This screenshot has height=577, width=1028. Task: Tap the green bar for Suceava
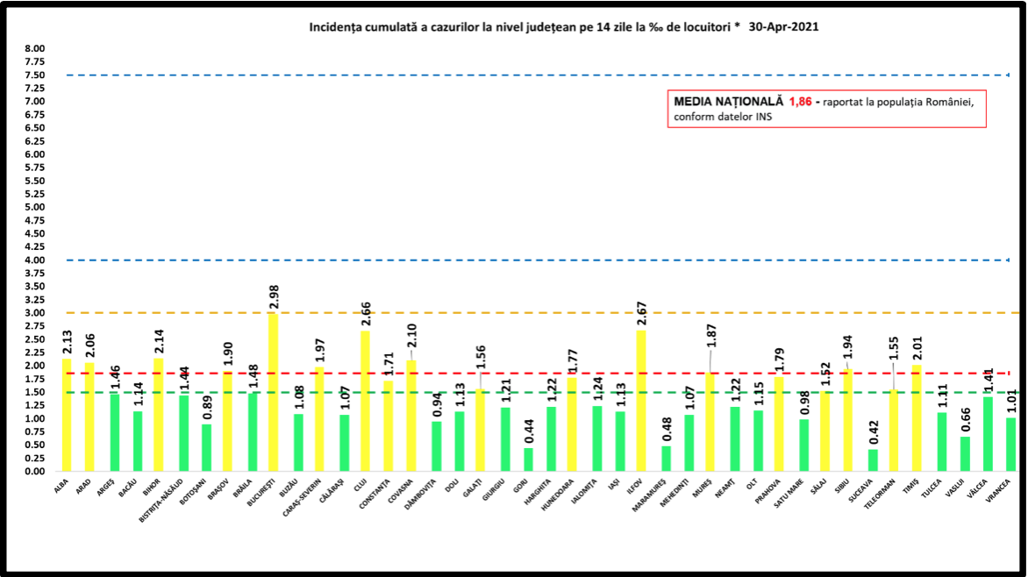point(872,459)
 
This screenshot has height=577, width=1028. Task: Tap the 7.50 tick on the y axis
point(34,75)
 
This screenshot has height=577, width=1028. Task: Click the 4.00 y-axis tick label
point(34,260)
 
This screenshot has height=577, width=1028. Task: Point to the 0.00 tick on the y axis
point(34,471)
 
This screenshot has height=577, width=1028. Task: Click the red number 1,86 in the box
point(800,102)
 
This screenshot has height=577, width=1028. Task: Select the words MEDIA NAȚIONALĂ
point(728,102)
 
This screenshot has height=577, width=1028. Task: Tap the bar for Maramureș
point(666,458)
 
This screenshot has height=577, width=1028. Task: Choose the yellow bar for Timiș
point(917,417)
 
